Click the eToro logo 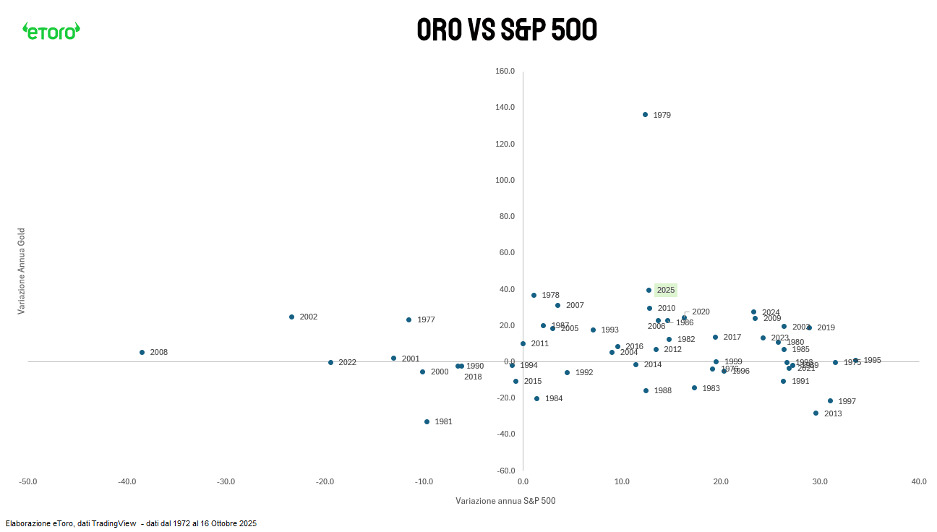coord(51,30)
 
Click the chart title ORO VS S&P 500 coord(507,30)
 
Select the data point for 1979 coord(645,114)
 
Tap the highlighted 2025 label coord(665,291)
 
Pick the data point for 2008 coord(142,352)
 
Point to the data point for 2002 coord(291,317)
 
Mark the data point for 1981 coord(427,421)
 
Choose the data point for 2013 coord(816,413)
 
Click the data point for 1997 coord(830,400)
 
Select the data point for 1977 coord(408,319)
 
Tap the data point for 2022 coord(330,362)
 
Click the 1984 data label coord(554,399)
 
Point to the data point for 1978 coord(534,295)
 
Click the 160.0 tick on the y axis coord(505,72)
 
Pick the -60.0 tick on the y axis coord(504,471)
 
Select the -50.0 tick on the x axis coord(28,481)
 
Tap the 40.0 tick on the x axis coord(919,481)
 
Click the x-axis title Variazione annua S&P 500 coord(505,501)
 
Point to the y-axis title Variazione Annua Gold coord(22,271)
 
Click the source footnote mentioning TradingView coord(131,523)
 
